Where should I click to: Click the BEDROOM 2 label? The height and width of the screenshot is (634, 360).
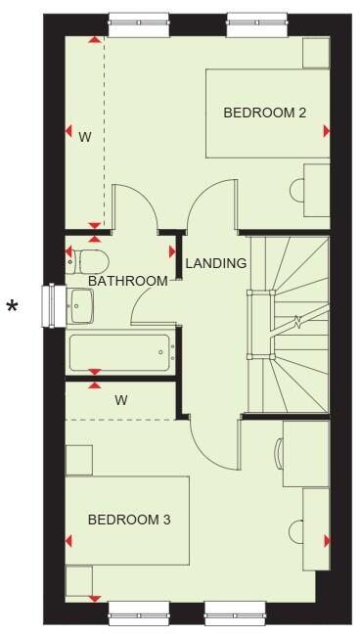pos(264,113)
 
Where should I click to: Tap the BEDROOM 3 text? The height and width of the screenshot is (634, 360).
pos(129,520)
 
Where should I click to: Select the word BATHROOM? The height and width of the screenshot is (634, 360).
pos(128,282)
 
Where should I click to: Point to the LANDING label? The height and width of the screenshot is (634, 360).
pos(215,263)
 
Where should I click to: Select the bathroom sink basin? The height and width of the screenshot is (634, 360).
pos(81,306)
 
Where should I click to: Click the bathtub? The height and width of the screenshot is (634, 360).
pos(119,352)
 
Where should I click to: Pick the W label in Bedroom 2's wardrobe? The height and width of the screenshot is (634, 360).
pos(85,137)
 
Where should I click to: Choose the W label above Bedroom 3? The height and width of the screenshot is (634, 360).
pos(121,400)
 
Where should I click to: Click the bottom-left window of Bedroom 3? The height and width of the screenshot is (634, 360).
pos(138,614)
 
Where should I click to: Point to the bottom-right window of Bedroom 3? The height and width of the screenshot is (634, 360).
pos(235,614)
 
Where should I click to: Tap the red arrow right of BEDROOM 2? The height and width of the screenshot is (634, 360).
pos(326,131)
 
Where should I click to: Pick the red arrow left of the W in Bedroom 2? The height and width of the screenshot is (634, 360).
pos(69,131)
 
